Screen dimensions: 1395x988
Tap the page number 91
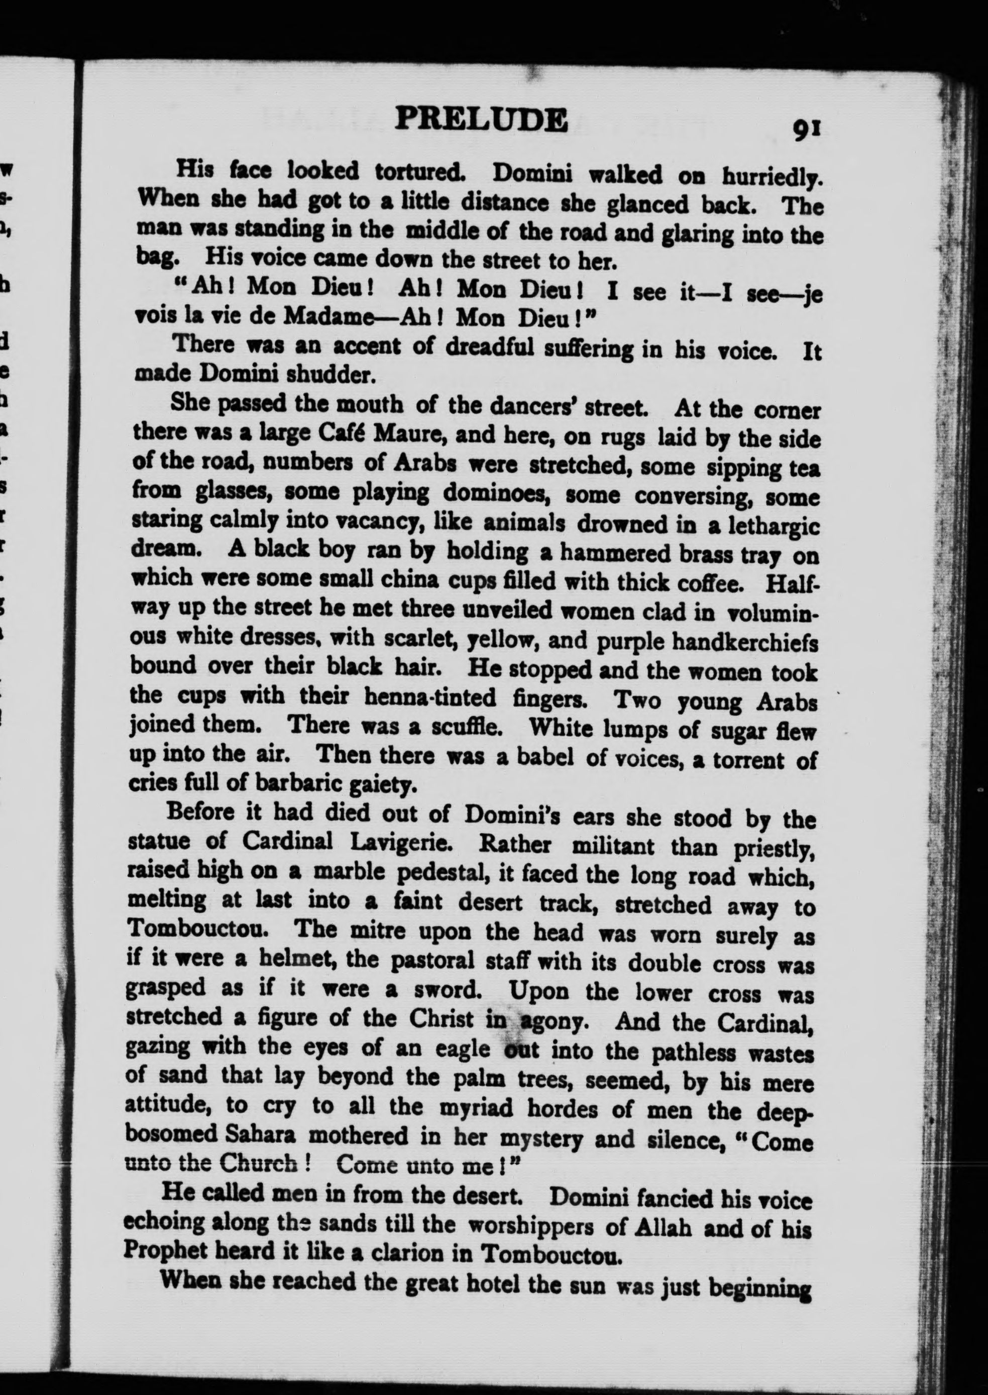[x=807, y=130]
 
